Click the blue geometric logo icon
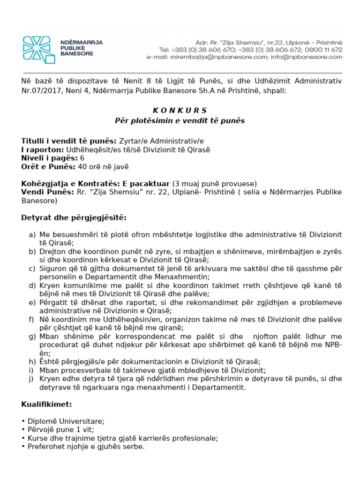point(39,50)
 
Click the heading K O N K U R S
point(180,111)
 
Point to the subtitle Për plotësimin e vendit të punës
point(180,120)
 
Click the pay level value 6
point(82,158)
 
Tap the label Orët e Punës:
point(48,166)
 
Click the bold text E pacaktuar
point(149,183)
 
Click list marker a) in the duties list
point(32,234)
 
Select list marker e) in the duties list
point(32,302)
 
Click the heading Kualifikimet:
point(46,404)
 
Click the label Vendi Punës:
point(47,192)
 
